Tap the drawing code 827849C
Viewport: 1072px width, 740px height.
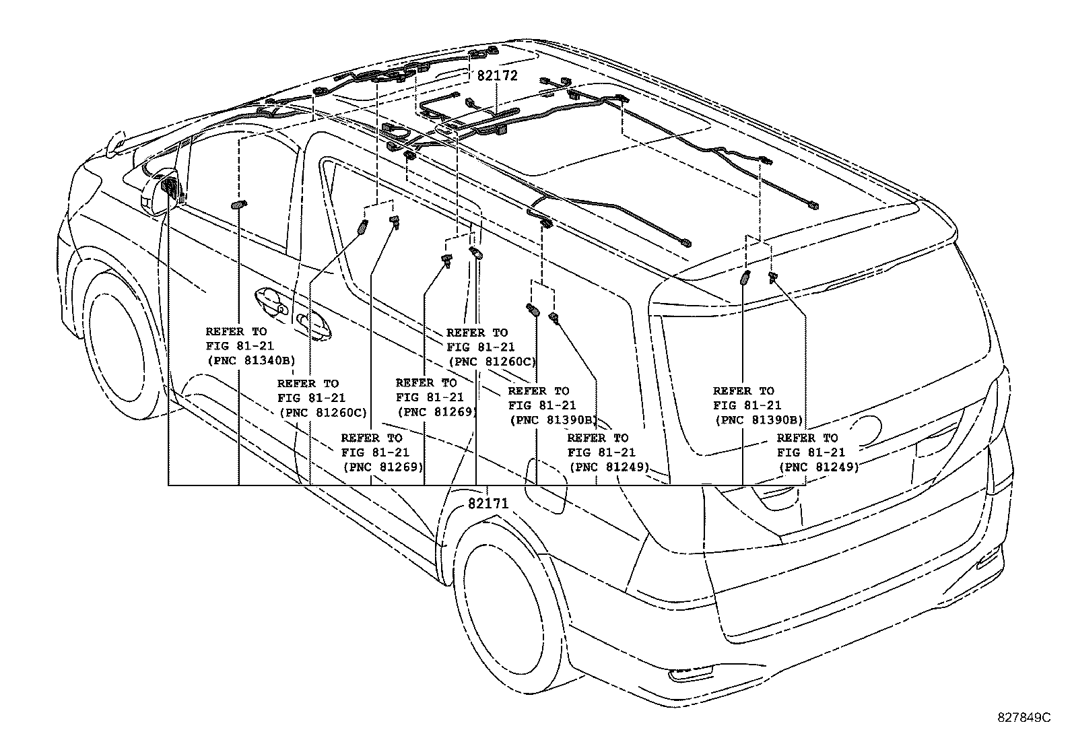point(1024,718)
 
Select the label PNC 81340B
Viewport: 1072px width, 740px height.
point(250,361)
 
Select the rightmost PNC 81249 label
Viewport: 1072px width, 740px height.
point(818,467)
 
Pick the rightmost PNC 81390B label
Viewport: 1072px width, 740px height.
point(758,419)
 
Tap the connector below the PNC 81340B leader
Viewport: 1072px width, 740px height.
point(239,205)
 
